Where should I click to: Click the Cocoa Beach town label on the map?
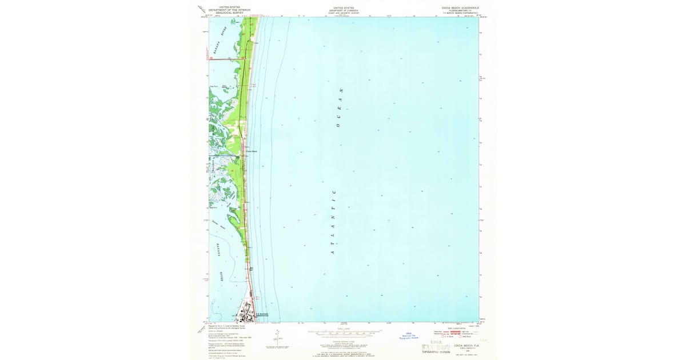(x=252, y=151)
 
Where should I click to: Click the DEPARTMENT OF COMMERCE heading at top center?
(x=344, y=10)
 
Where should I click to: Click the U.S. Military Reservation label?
(x=262, y=314)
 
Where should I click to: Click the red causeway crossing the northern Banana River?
(x=226, y=58)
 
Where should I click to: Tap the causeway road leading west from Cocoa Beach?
(x=226, y=155)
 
